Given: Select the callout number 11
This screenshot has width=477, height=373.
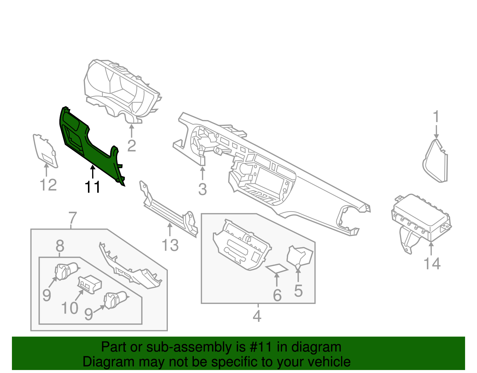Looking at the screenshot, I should click(92, 187).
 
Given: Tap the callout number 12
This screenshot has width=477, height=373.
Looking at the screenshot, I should click(48, 185).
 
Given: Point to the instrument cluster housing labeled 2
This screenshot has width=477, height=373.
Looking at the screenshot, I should click(122, 90).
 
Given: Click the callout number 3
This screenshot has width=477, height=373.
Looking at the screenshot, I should click(202, 189).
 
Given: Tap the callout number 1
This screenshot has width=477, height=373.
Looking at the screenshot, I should click(436, 117).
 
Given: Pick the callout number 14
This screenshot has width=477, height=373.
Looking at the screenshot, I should click(432, 264).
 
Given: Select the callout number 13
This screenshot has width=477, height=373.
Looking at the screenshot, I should click(170, 245).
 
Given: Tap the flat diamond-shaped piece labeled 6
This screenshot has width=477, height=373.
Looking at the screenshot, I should click(277, 268).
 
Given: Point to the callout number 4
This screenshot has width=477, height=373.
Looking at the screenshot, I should click(257, 316).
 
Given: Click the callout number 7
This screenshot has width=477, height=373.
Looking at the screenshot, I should click(72, 218).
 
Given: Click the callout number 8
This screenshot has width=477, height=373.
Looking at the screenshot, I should click(60, 247).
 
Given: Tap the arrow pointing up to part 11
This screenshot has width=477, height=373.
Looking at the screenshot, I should click(93, 172).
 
